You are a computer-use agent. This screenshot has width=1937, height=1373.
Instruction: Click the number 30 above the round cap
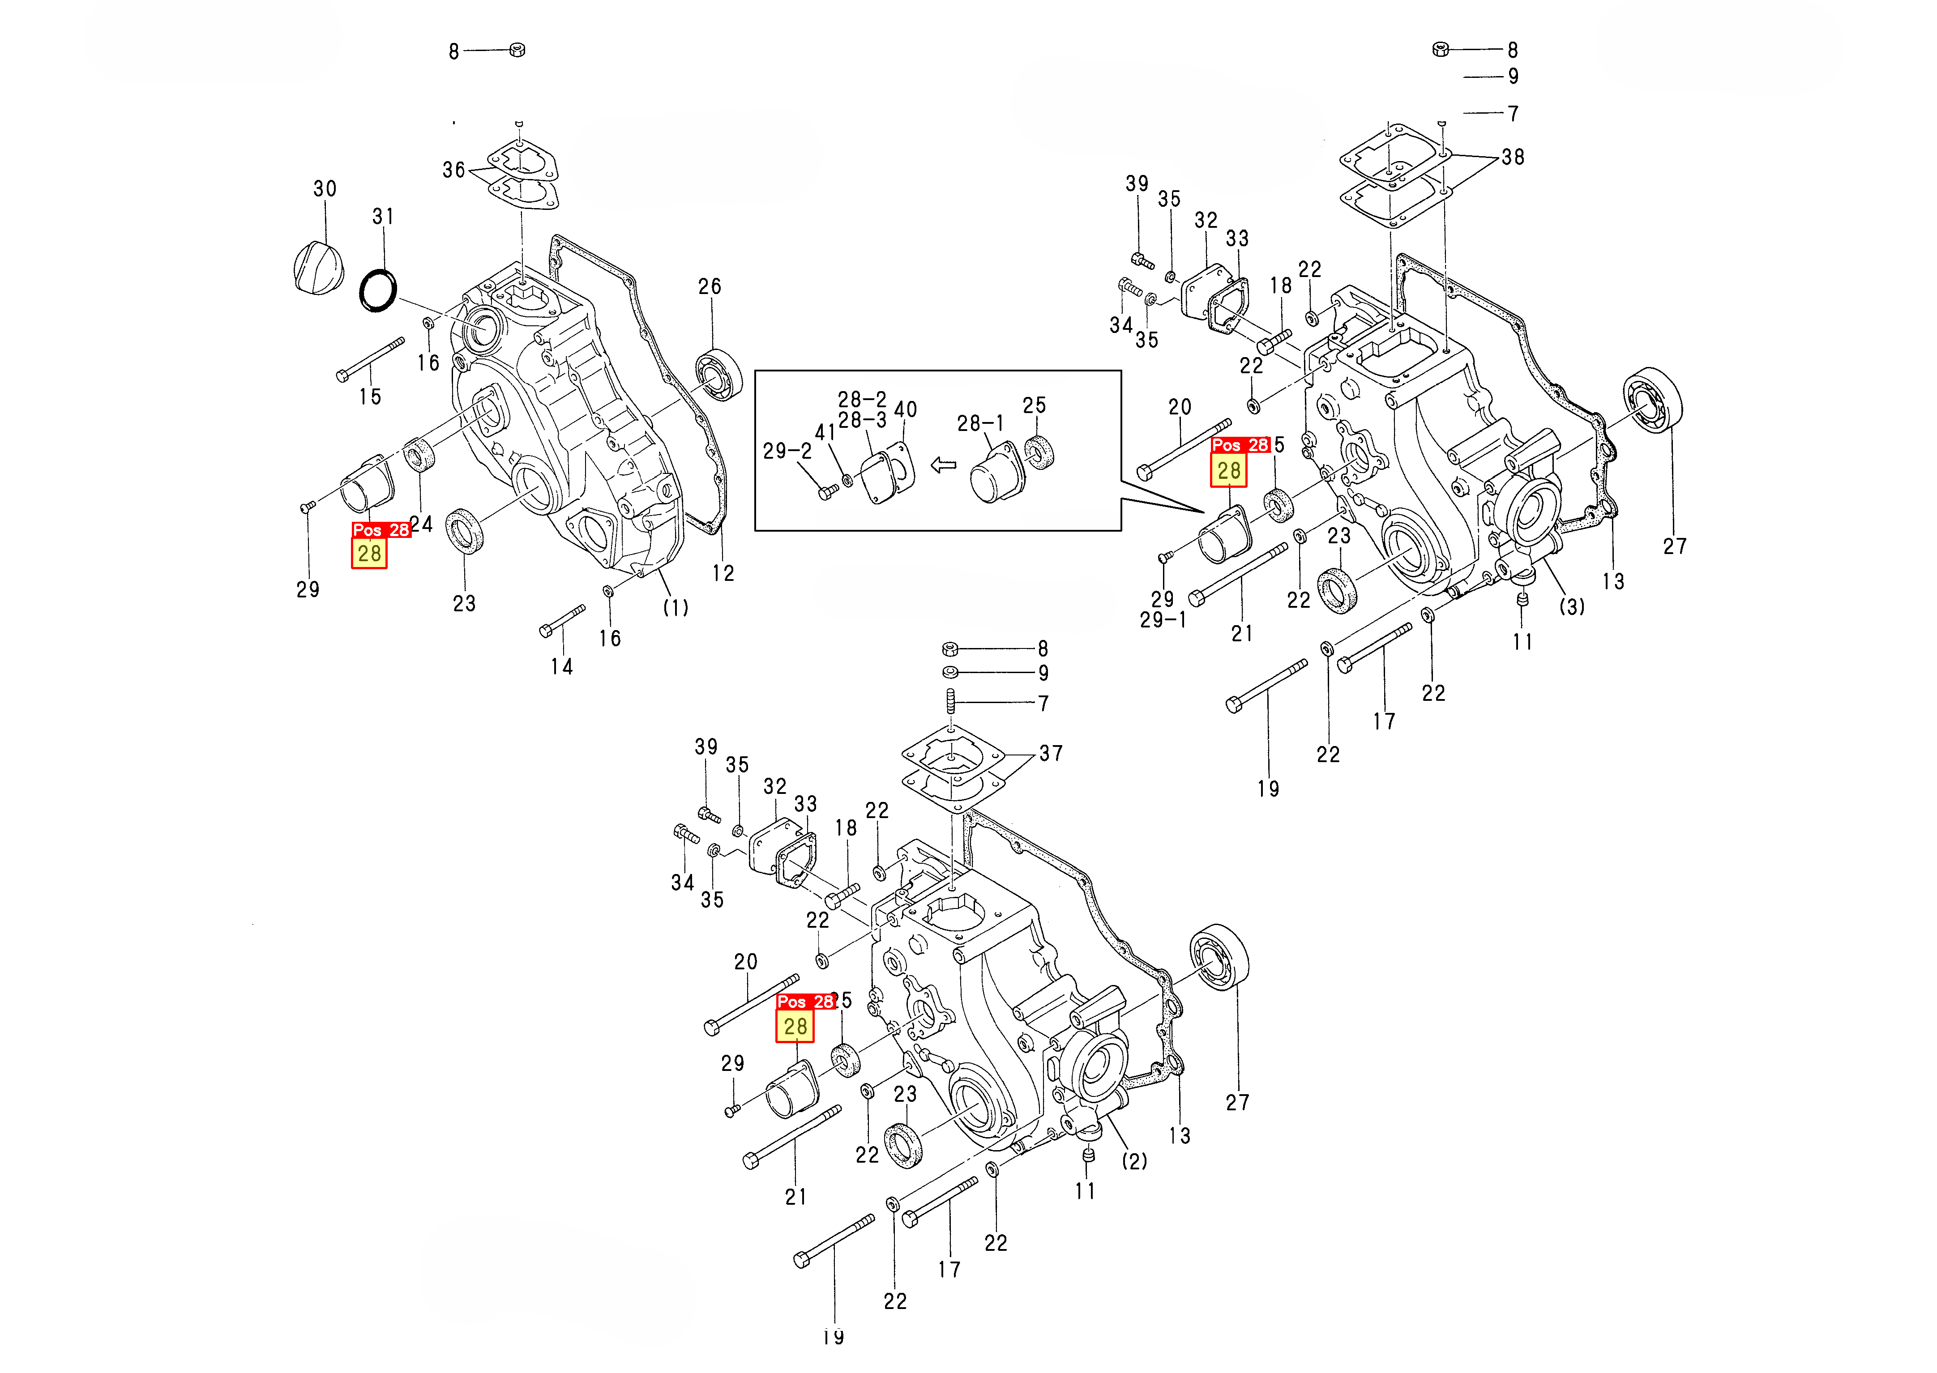(325, 188)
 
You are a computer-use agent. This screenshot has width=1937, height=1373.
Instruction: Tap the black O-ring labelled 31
(378, 290)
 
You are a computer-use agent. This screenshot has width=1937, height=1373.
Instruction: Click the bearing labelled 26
(718, 375)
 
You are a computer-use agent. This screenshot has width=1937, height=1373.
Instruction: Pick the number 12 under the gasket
(723, 573)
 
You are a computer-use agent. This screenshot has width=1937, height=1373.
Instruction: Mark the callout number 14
(561, 667)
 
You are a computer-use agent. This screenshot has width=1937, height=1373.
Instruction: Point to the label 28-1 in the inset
(980, 423)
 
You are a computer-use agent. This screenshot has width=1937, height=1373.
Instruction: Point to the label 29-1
(1163, 620)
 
